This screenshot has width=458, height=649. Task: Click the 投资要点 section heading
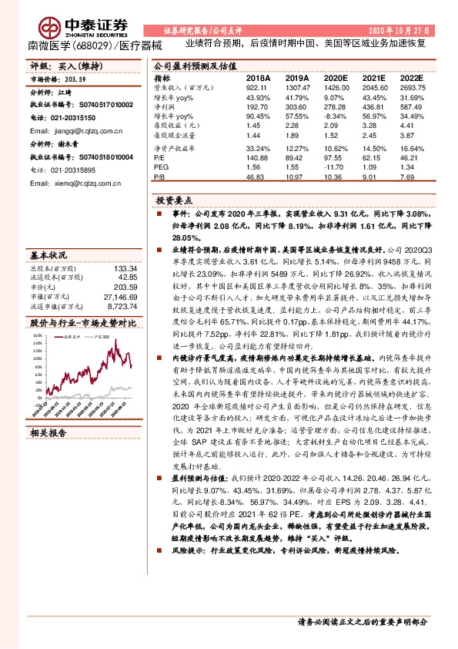pyautogui.click(x=172, y=200)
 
